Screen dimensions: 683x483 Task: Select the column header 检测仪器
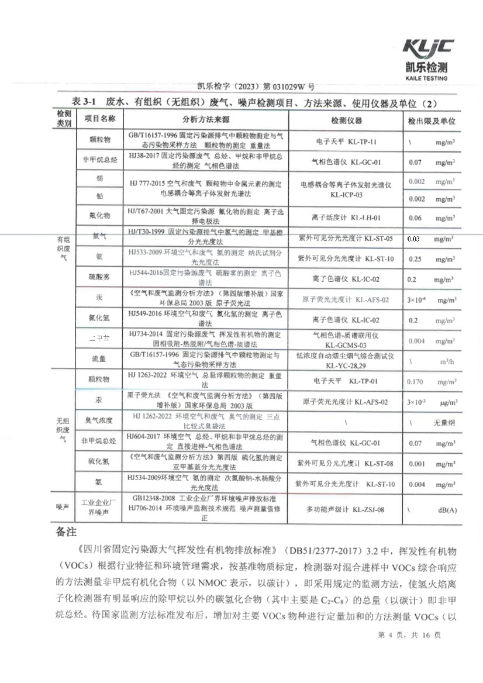coord(346,120)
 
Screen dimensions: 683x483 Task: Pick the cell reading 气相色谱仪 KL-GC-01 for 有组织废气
coord(346,162)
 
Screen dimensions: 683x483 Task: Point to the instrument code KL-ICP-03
coord(346,194)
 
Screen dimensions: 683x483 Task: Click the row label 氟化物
coord(99,216)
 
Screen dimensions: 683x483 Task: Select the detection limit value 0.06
coord(415,218)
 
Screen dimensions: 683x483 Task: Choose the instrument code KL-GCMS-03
coord(346,346)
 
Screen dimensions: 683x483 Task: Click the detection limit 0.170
coord(415,381)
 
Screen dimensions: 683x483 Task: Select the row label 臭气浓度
coord(99,420)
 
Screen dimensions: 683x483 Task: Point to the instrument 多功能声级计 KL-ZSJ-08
coord(346,510)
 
